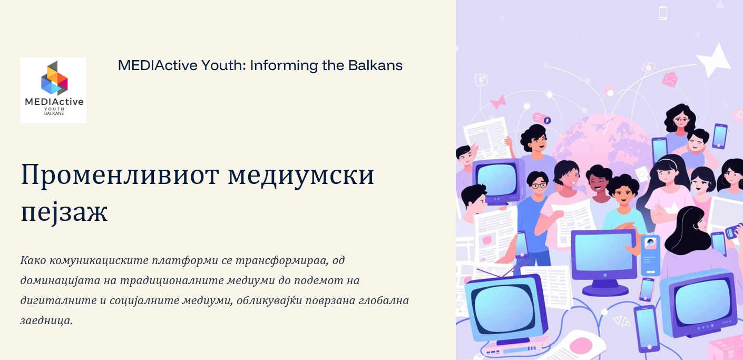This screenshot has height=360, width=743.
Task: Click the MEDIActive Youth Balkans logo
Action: click(53, 90)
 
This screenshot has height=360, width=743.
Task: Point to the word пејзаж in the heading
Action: click(64, 212)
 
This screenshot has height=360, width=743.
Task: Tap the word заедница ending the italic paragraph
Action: click(46, 320)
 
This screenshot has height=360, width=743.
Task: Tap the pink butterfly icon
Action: click(498, 101)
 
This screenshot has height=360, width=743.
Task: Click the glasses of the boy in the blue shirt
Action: click(537, 185)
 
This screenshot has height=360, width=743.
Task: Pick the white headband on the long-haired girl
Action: click(667, 162)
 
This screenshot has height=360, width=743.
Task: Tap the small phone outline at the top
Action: click(663, 13)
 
